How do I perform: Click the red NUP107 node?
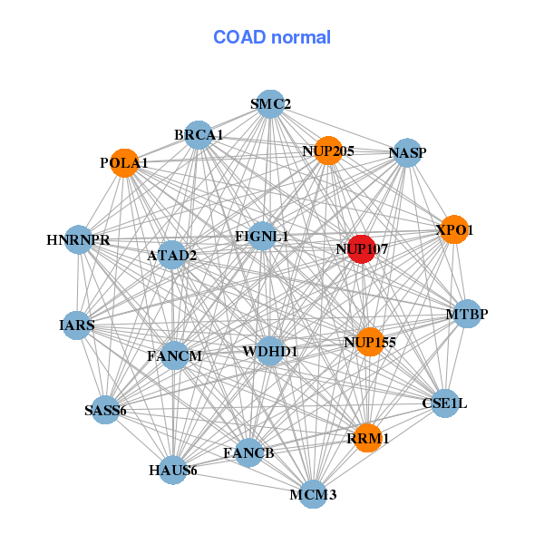tap(362, 249)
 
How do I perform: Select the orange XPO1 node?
tap(454, 229)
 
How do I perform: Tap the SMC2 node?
tap(270, 104)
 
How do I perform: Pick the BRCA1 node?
tap(199, 135)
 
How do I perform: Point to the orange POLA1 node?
tap(124, 163)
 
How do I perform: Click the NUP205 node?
tap(328, 151)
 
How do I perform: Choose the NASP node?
tap(407, 152)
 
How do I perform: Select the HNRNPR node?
tap(78, 239)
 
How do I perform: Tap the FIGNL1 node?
tap(262, 237)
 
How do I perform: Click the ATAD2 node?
tap(171, 255)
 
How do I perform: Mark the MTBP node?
tap(467, 314)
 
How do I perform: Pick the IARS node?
tap(77, 325)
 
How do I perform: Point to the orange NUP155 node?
tap(370, 342)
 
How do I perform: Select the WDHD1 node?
tap(269, 351)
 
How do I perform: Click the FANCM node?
tap(175, 355)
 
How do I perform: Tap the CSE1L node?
tap(445, 403)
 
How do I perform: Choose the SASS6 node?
tap(105, 410)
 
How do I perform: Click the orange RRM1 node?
tap(367, 438)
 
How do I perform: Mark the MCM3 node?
tap(313, 494)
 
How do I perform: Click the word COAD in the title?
tap(239, 37)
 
